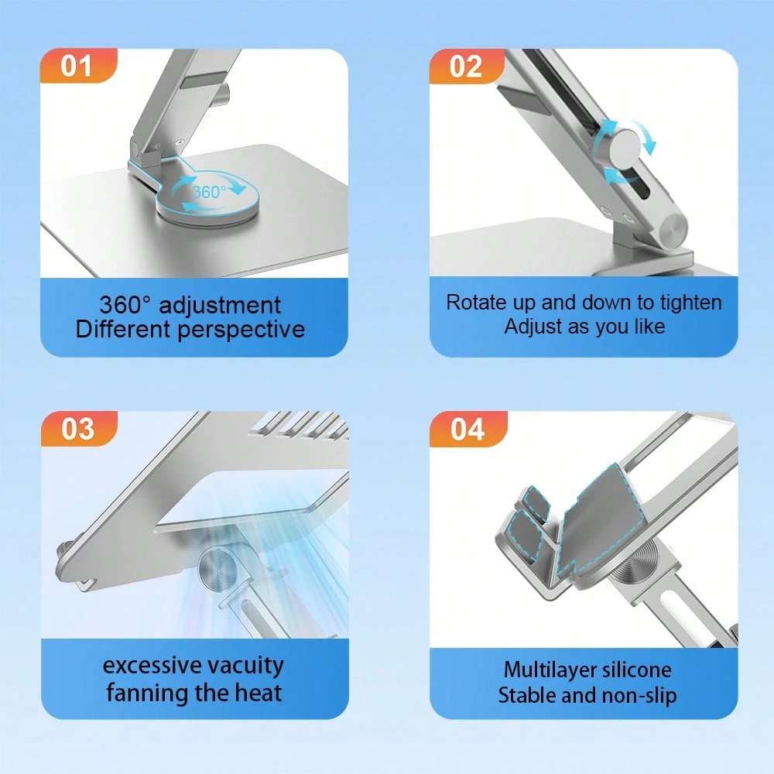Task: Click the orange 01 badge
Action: (77, 67)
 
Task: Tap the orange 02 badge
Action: (466, 67)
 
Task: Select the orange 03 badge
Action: (77, 428)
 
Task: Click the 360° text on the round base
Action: (209, 192)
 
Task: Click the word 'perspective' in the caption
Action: (241, 330)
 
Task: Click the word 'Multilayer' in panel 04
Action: (550, 670)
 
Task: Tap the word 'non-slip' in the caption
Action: (637, 695)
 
